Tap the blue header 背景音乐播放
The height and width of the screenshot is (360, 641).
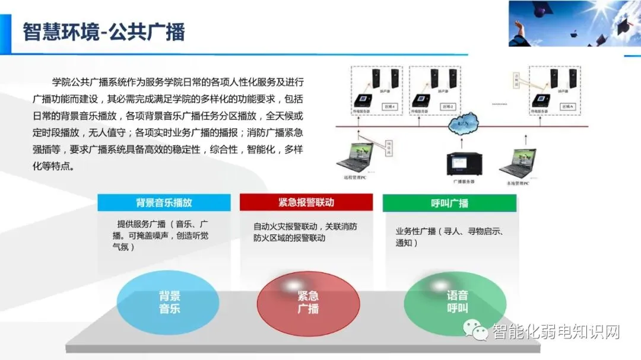[164, 203]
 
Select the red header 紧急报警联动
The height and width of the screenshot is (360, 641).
[306, 203]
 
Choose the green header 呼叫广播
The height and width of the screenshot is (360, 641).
[449, 203]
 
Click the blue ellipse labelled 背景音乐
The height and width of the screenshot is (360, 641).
[169, 302]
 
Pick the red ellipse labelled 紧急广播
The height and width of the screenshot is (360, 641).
[308, 302]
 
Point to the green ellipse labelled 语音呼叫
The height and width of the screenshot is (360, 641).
[457, 302]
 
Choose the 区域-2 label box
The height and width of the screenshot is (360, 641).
[448, 107]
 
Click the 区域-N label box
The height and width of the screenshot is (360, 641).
[567, 107]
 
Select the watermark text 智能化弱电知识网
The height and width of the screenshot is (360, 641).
[556, 332]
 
